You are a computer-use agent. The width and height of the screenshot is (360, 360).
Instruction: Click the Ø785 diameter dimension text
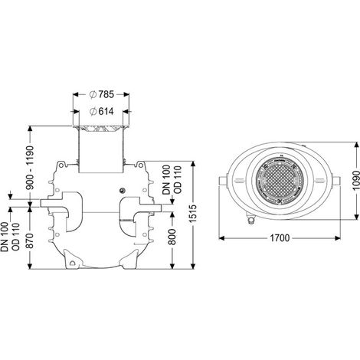coord(102,94)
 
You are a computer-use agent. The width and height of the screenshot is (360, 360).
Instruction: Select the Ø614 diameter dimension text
coord(102,112)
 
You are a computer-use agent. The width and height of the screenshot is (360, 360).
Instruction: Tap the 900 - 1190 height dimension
coord(31,168)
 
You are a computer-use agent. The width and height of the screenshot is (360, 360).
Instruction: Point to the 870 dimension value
coord(31,241)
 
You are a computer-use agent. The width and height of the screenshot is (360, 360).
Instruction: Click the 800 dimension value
coord(173,237)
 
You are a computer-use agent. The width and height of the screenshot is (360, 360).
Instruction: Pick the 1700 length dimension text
coord(280,238)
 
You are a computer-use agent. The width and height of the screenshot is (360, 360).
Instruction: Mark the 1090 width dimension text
coord(356,181)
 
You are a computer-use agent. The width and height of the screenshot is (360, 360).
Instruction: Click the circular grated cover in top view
coord(280,180)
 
